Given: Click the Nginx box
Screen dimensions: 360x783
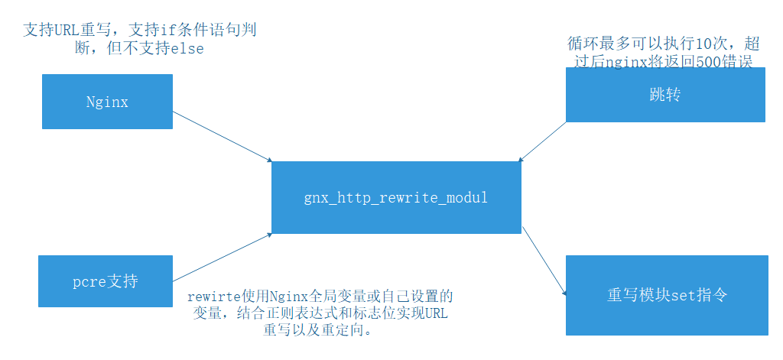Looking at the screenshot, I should coord(107,102).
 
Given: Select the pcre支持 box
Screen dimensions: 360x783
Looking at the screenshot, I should coord(106,282).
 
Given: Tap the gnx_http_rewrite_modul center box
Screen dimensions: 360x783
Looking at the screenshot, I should coord(396,197).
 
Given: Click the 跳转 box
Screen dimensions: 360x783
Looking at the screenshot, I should coord(664,95).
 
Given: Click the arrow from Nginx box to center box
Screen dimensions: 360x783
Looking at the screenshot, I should coord(222,136).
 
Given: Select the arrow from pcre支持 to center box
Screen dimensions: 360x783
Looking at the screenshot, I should coord(222,258).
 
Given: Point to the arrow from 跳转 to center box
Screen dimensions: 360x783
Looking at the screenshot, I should coord(542,141).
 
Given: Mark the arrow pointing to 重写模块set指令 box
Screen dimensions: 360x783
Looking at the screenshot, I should coord(544,264).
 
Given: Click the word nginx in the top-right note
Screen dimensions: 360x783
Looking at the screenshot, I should coord(625,62).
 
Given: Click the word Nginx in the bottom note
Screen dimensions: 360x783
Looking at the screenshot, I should coord(287,295).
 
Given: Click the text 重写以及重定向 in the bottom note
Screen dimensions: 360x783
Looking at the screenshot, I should coord(317,332).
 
